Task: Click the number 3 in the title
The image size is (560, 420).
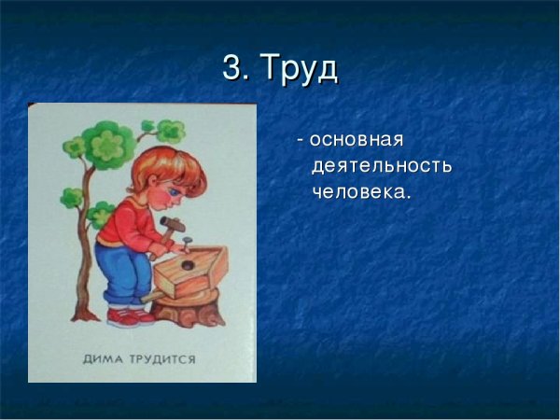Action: point(233,68)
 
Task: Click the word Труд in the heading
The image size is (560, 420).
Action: point(298,69)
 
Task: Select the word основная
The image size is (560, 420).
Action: point(356,140)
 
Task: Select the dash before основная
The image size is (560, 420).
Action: point(300,141)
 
